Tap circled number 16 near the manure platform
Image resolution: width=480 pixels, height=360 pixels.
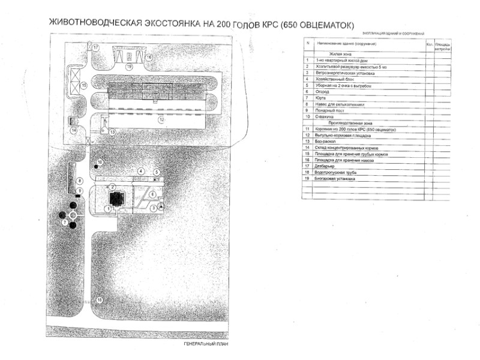click(x=149, y=57)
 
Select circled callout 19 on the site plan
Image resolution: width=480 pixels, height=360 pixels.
click(x=129, y=67)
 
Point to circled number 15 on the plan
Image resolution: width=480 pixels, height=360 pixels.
click(x=85, y=86)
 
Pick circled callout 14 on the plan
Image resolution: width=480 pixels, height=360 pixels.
click(x=74, y=130)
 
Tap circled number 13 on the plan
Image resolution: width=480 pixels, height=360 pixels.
click(x=103, y=130)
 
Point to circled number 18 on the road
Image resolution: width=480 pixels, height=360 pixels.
click(x=100, y=300)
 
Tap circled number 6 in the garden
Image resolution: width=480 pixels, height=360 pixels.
click(x=152, y=194)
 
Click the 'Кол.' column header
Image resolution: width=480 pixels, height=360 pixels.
click(x=429, y=44)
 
